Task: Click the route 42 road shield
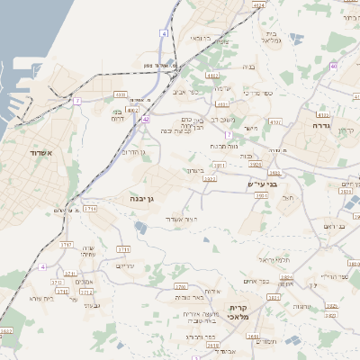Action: [145, 118]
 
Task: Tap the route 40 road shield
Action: [334, 67]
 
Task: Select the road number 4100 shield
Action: [120, 94]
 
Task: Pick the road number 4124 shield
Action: [259, 5]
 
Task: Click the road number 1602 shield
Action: [5, 331]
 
